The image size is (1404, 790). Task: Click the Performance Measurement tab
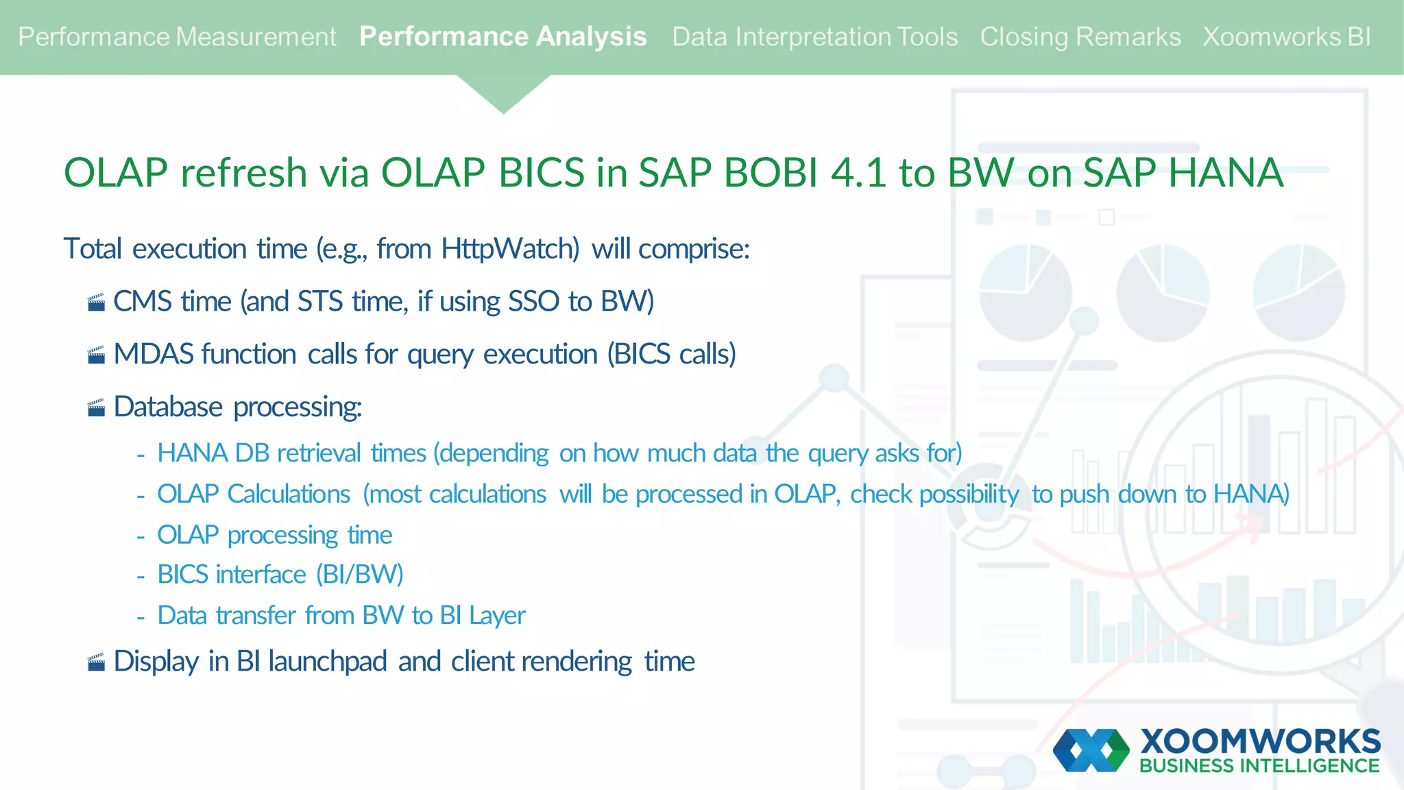177,36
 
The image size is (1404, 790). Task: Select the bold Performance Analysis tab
503,36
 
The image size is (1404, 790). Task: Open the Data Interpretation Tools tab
814,36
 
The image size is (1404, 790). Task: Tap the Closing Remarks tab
1080,36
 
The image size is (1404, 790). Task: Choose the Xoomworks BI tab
1286,36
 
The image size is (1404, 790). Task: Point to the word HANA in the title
1225,172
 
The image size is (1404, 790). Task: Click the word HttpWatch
510,248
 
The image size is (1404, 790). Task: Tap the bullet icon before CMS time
97,302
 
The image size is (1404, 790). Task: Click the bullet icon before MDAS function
97,355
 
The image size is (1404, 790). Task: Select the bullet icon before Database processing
97,408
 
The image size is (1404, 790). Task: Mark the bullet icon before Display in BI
97,662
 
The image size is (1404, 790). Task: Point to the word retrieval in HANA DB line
319,453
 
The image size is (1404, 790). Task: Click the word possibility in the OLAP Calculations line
969,494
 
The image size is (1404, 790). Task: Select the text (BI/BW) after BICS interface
359,575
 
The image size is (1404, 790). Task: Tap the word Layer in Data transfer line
496,616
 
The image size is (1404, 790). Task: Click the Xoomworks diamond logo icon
1091,750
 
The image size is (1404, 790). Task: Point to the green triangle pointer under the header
503,93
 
